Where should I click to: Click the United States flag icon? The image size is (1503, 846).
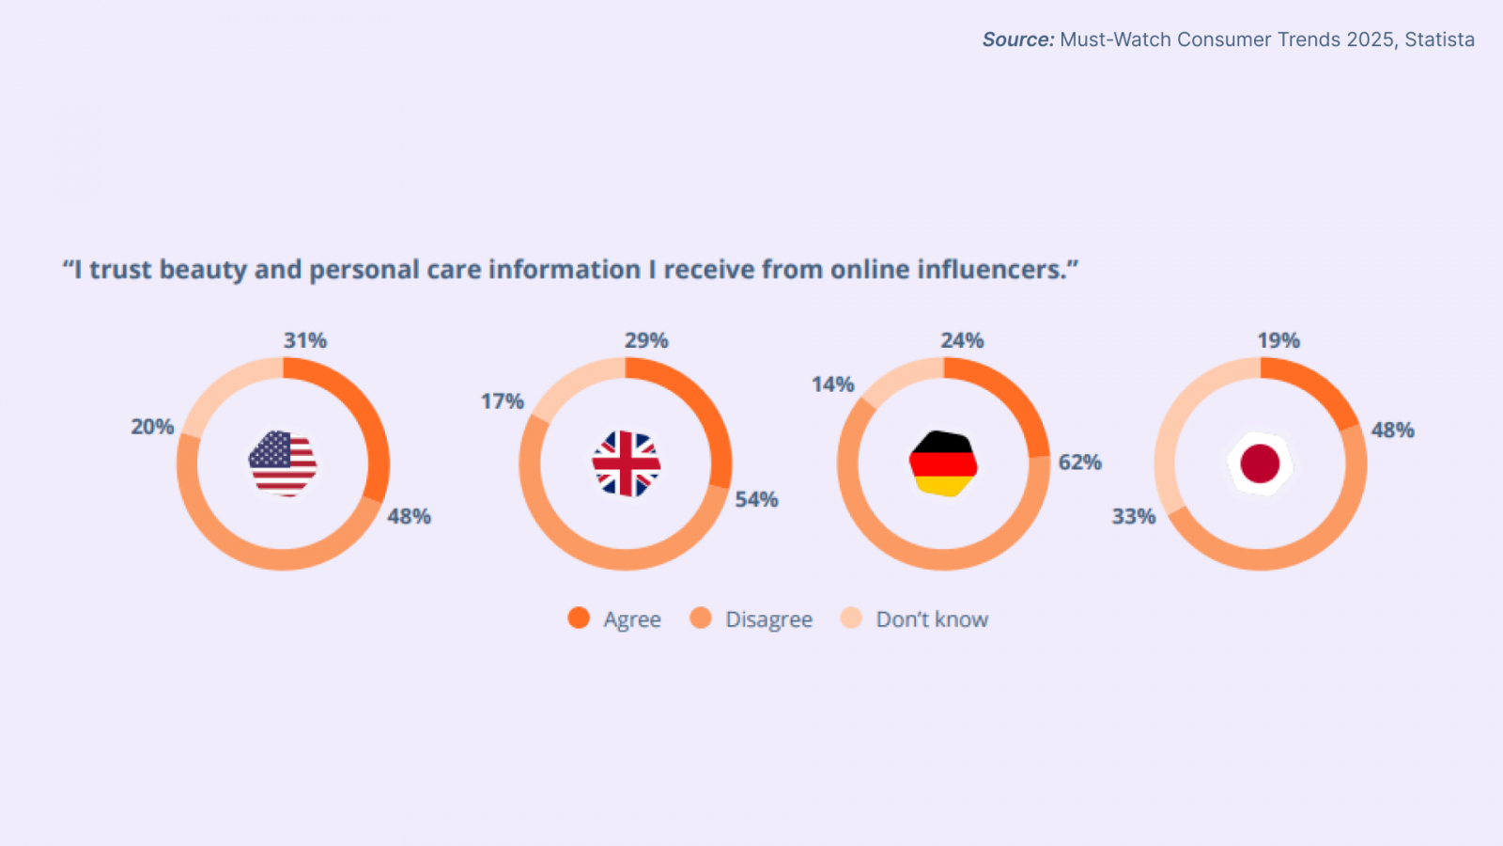coord(283,463)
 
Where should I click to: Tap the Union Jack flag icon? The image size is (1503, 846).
coord(627,463)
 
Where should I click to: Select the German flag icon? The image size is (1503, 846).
coord(943,463)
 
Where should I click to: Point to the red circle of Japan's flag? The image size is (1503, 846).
coord(1260,463)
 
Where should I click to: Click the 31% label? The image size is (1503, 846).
coord(305,340)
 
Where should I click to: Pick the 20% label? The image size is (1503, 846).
coord(152,427)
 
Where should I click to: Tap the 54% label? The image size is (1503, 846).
coord(756,499)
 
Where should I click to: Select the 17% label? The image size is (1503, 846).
coord(503,401)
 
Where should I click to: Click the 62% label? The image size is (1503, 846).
coord(1079,462)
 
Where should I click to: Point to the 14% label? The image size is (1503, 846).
coord(832,384)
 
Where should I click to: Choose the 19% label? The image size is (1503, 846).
coord(1278,340)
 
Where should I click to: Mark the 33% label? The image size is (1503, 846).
coord(1134,516)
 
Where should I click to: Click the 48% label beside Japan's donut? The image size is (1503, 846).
coord(1392,430)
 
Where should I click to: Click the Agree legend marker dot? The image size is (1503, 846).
coord(579,618)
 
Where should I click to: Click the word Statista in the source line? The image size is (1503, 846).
coord(1439,39)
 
